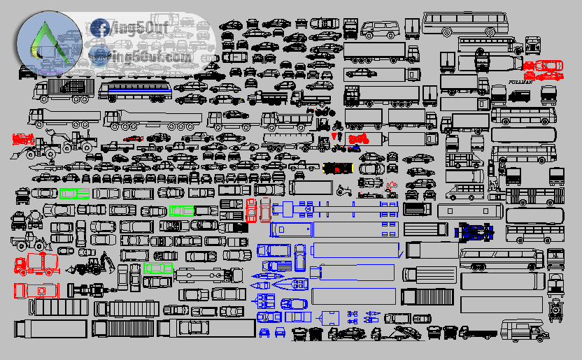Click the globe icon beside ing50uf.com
pos(98,55)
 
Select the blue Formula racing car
pos(476,230)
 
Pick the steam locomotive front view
pos(557,308)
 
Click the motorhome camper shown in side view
pos(525,329)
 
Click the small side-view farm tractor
pos(343,189)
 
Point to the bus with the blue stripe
pos(135,90)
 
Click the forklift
pos(323,125)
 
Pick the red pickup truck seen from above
pos(251,210)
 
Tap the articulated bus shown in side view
pos(534,196)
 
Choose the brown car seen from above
pos(265,209)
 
